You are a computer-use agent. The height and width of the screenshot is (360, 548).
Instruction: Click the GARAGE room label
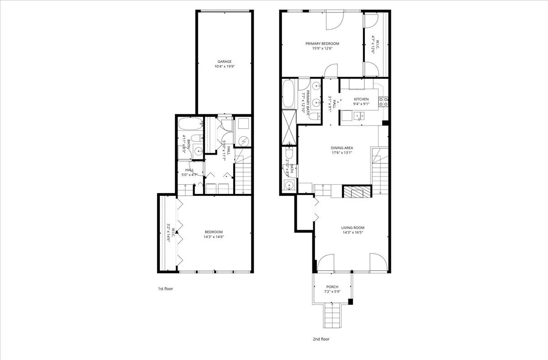tap(224, 62)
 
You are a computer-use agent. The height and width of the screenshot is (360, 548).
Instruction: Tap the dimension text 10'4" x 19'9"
tap(224, 67)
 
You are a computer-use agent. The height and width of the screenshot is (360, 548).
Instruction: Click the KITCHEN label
tap(361, 99)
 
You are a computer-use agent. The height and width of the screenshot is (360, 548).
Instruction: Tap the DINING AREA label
tap(342, 148)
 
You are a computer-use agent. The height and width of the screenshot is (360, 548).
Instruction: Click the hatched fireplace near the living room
tap(353, 192)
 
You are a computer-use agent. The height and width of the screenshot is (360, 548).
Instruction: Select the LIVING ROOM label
tap(353, 228)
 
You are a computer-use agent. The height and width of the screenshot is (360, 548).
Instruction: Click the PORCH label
tap(332, 287)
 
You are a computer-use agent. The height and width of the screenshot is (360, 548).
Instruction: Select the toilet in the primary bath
tap(314, 116)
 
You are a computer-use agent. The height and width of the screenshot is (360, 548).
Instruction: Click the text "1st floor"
tap(165, 289)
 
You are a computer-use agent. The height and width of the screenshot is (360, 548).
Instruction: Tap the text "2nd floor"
tap(321, 339)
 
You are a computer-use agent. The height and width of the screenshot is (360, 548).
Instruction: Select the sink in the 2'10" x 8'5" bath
tap(288, 185)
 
